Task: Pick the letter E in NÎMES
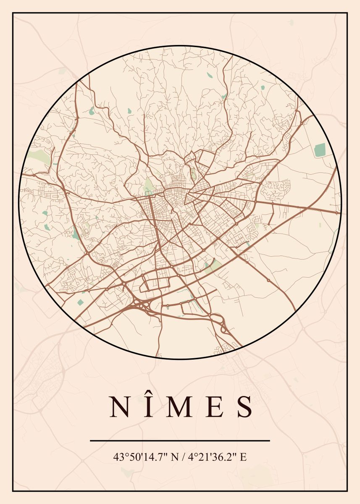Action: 215,407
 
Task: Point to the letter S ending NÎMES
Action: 244,407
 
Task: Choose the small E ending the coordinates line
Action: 243,457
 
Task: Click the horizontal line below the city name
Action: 180,441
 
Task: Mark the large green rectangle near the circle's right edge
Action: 320,150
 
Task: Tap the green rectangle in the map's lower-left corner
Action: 80,302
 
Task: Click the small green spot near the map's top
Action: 209,76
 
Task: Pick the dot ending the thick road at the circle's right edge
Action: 337,213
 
